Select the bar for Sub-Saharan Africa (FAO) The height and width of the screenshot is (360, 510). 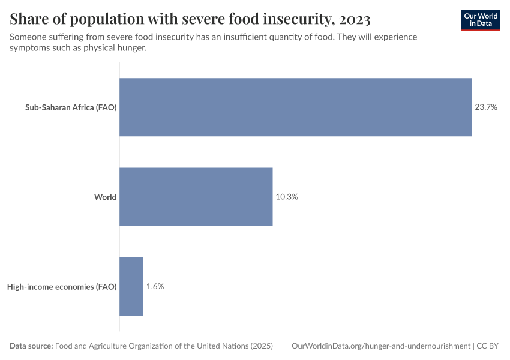point(295,107)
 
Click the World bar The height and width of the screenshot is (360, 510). point(196,197)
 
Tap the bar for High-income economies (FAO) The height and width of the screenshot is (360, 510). point(131,286)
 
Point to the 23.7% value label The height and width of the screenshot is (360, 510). point(486,107)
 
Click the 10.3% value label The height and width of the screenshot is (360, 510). point(287,197)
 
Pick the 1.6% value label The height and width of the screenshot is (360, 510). point(155,286)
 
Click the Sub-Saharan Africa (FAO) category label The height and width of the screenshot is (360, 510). point(71,107)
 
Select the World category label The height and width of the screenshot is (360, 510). point(105,197)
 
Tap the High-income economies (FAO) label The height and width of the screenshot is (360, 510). point(62,286)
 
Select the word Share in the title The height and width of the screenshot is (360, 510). point(30,20)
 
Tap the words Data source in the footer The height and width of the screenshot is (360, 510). point(31,346)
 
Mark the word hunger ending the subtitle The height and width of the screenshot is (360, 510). point(131,48)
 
